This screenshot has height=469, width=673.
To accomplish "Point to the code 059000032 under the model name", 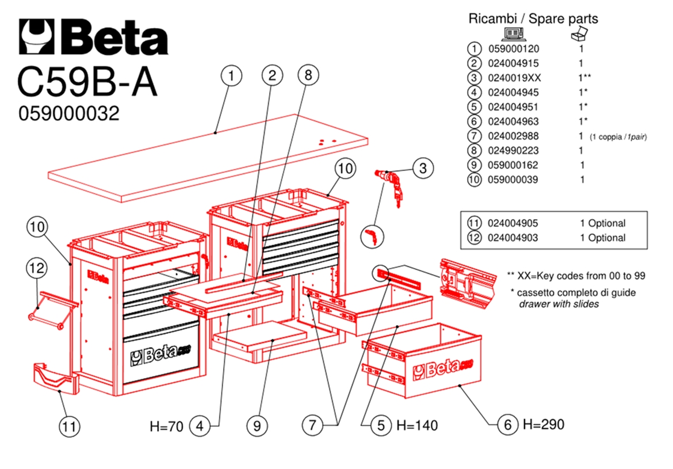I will (69, 114).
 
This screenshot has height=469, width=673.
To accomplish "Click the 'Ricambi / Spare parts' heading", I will (533, 18).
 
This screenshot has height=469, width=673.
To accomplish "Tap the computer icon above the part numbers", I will (513, 35).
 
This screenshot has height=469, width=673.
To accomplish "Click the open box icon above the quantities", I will (578, 35).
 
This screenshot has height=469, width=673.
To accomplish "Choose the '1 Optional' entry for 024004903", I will (602, 238).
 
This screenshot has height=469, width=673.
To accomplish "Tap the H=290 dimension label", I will (543, 425).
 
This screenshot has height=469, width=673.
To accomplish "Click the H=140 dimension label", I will (417, 426).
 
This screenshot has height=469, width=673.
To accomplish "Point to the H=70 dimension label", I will (166, 426).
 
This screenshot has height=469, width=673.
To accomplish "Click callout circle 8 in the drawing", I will (308, 75).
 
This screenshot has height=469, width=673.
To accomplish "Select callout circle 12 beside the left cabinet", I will (37, 268).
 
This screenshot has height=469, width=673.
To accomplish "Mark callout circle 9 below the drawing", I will (257, 426).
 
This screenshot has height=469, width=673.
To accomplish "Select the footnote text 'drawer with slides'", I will (559, 304).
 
